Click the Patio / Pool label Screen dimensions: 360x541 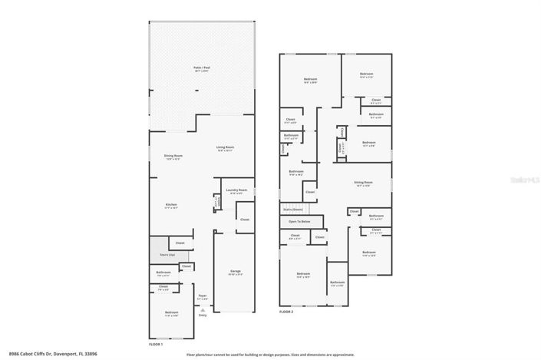pyautogui.click(x=202, y=69)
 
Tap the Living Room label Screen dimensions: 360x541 pyautogui.click(x=225, y=147)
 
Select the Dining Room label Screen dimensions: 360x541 pyautogui.click(x=173, y=157)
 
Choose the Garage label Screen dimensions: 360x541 pyautogui.click(x=236, y=271)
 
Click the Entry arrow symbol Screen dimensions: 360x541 pyautogui.click(x=203, y=309)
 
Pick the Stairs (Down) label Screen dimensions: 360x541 pyautogui.click(x=293, y=209)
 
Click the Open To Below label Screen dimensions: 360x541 pyautogui.click(x=299, y=221)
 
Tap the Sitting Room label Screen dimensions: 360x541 pyautogui.click(x=362, y=183)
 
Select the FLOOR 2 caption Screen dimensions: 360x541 pyautogui.click(x=287, y=312)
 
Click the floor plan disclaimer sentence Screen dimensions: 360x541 pyautogui.click(x=269, y=355)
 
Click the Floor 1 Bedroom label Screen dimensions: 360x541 pyautogui.click(x=171, y=312)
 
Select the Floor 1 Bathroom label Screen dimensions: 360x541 pyautogui.click(x=163, y=272)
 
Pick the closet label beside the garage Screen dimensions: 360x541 pyautogui.click(x=245, y=220)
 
